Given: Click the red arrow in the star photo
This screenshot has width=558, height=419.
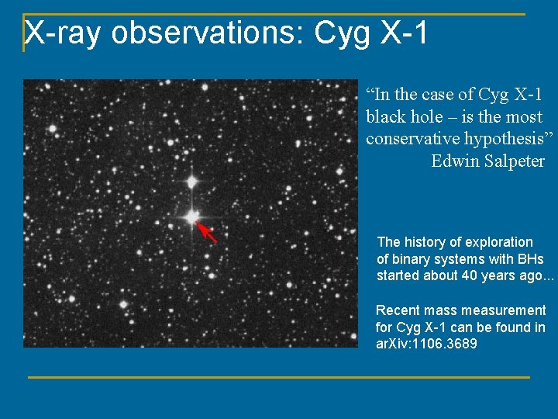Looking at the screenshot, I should (207, 233).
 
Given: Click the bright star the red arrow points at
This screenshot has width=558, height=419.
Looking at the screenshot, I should (191, 218).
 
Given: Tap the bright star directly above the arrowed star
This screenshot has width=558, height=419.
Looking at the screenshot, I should (191, 182).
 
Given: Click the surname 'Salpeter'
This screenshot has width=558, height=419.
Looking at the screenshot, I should (516, 161).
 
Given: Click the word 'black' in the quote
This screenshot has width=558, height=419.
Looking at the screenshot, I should (384, 116).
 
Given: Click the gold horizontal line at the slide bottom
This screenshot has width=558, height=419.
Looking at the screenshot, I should (279, 378).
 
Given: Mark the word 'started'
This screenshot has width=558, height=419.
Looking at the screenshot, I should (397, 275).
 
